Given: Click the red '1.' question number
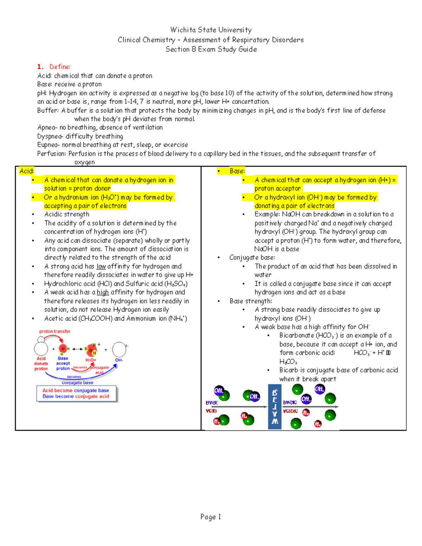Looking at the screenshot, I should tap(40, 67).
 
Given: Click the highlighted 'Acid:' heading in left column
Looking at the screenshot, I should tap(26, 171).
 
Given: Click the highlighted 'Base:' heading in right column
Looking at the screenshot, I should tap(237, 171).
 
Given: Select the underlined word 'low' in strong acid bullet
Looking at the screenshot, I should tap(101, 266).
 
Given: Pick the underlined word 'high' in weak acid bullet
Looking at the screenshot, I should tap(103, 293).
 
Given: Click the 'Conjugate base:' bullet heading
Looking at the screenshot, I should tap(252, 258).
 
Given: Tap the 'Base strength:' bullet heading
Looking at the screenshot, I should tap(251, 301).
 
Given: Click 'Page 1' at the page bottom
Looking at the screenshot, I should tap(211, 517).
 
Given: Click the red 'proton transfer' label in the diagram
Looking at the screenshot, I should tap(55, 332).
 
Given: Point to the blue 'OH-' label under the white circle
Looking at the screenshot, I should tap(119, 360).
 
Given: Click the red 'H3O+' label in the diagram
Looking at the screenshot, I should tap(91, 360).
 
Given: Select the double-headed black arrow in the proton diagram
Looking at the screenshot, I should tap(77, 349).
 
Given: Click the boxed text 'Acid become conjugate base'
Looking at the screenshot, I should tap(76, 390).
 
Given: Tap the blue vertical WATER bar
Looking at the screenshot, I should tap(275, 407).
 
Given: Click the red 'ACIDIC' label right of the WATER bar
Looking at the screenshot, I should tap(290, 411).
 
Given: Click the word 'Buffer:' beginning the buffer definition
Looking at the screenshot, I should tap(48, 110).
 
